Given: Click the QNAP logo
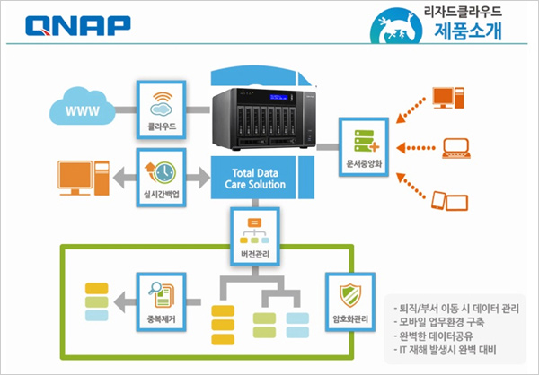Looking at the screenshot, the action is [78, 26].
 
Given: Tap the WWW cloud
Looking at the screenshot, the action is [82, 106].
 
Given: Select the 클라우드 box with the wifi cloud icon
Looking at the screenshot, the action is [161, 109].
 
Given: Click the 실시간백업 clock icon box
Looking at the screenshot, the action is [161, 178].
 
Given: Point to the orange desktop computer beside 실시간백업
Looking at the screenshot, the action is [84, 178].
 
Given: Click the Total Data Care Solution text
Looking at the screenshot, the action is [255, 179].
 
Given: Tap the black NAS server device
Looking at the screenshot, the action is [264, 118].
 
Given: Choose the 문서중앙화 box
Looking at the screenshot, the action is [364, 147].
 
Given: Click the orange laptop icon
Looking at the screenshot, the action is [456, 148].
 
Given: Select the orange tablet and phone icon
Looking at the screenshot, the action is [450, 201].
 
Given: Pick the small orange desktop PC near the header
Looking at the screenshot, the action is [448, 98].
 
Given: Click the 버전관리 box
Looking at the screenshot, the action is [255, 237].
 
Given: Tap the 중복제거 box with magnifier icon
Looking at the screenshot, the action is [161, 301].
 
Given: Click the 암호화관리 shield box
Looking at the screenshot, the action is [350, 301].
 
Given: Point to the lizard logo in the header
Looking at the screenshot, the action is [396, 25].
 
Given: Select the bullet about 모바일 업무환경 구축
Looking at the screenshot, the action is [439, 322].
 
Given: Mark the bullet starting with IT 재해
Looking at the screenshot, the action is [446, 350].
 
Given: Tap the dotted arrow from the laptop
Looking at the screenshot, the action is [416, 148].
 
